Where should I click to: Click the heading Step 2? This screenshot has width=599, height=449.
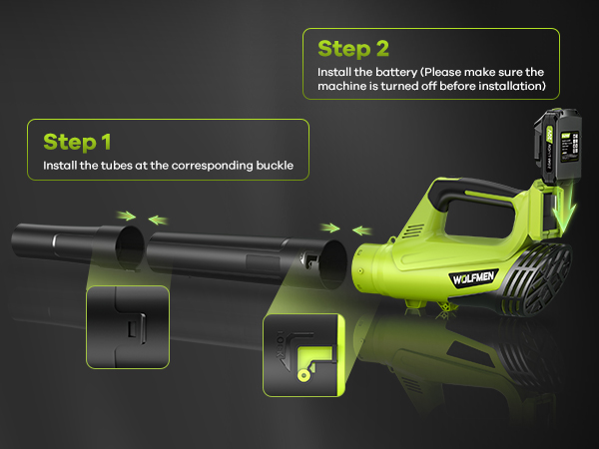pos(353,48)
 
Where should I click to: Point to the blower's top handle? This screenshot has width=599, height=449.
pos(473,192)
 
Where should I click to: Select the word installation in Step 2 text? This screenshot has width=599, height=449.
pos(511,88)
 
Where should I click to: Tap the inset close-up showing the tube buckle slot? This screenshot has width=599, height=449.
pos(127,328)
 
